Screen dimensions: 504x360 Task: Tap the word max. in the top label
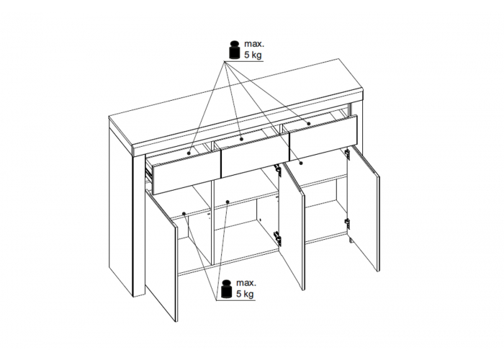click(x=254, y=44)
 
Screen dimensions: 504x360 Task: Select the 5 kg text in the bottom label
click(x=245, y=294)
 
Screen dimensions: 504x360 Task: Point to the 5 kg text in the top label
click(x=253, y=55)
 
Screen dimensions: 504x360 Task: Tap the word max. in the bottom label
click(x=246, y=283)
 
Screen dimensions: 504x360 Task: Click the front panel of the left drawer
click(x=186, y=174)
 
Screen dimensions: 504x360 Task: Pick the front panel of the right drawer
click(x=323, y=137)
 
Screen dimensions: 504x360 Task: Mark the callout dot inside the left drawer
click(x=189, y=153)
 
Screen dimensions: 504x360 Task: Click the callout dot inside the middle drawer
click(x=242, y=139)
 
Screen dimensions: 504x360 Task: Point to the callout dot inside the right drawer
click(x=309, y=124)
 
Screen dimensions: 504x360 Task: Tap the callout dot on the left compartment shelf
click(x=184, y=213)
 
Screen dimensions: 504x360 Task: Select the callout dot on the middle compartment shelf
click(x=228, y=202)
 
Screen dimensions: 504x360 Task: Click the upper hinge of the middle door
click(x=277, y=170)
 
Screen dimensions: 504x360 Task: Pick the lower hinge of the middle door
click(x=277, y=237)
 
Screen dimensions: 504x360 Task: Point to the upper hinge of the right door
click(x=347, y=153)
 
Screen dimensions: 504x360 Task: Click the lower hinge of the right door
click(x=347, y=223)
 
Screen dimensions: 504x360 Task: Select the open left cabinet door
click(x=161, y=255)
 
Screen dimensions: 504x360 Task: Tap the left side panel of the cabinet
click(x=121, y=206)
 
